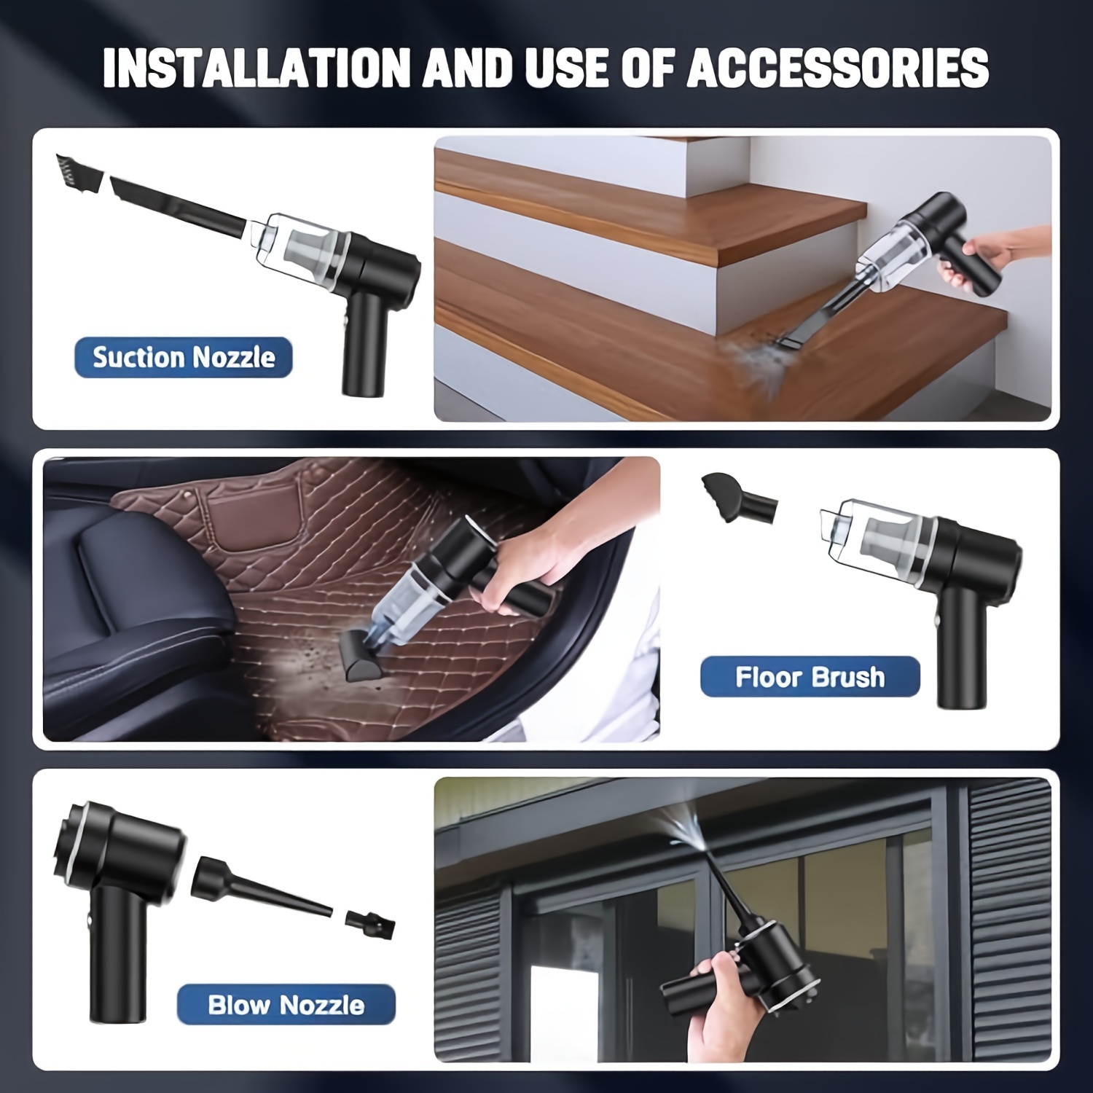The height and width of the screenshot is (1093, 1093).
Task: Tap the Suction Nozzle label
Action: click(x=184, y=357)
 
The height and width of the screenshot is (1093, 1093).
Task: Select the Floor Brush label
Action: click(x=810, y=677)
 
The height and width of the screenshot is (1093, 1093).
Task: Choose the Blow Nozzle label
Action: click(x=286, y=1005)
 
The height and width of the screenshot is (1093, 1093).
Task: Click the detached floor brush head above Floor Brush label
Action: click(x=737, y=498)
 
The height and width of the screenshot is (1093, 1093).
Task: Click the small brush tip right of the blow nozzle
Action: click(x=370, y=922)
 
